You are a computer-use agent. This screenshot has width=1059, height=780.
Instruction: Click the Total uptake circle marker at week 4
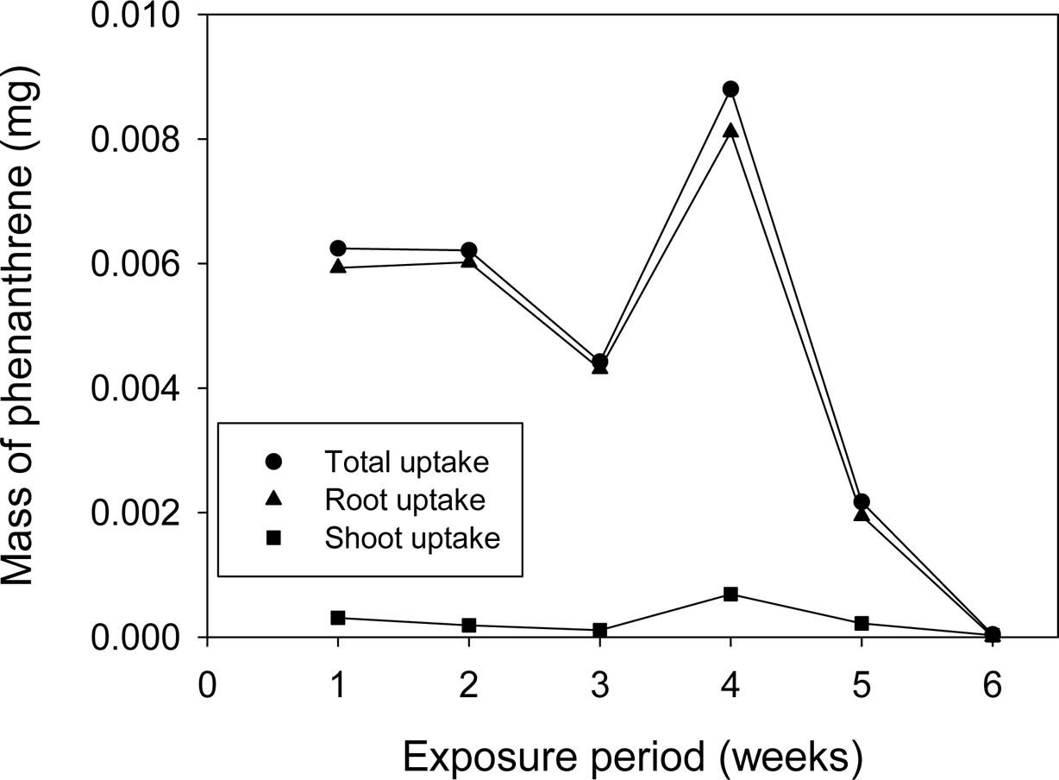tap(730, 89)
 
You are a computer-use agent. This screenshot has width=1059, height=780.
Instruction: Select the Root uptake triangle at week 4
tap(730, 131)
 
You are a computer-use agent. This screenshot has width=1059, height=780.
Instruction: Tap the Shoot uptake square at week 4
tap(730, 594)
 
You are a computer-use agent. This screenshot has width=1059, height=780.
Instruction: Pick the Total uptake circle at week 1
tap(338, 248)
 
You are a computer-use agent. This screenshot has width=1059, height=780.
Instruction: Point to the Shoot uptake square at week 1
tap(338, 618)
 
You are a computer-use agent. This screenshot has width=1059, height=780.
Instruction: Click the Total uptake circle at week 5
tap(862, 501)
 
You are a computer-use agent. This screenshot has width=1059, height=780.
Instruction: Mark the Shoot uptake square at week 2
tap(469, 625)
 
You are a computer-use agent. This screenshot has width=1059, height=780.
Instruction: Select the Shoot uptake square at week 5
tap(862, 623)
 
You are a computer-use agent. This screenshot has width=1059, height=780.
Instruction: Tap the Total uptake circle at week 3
tap(600, 362)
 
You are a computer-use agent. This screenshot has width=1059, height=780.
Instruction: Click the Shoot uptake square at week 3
tap(600, 630)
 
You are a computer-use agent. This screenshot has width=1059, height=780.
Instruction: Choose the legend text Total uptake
tap(407, 462)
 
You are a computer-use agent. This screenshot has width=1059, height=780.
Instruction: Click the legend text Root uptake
tap(404, 500)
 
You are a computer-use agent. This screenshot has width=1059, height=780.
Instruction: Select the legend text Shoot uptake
tap(412, 538)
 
